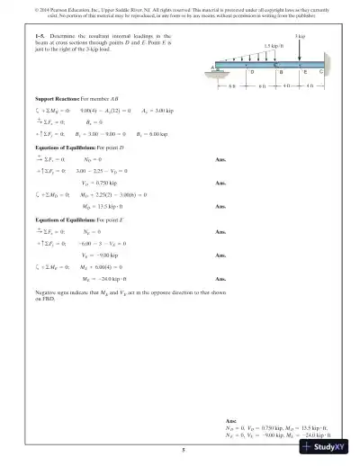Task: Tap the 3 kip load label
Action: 300,36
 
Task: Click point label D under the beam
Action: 251,71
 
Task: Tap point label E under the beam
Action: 305,71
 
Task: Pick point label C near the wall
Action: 321,71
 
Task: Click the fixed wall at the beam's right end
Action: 327,65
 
